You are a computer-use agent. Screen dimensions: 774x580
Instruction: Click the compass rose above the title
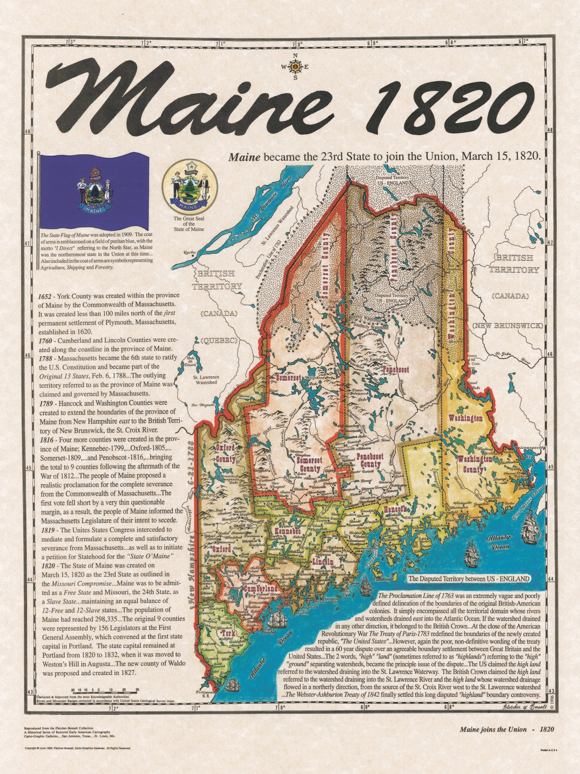[x=295, y=67]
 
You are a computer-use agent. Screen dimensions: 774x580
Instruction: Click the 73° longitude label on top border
[x=70, y=42]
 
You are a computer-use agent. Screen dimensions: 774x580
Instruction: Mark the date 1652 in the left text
[x=46, y=295]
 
